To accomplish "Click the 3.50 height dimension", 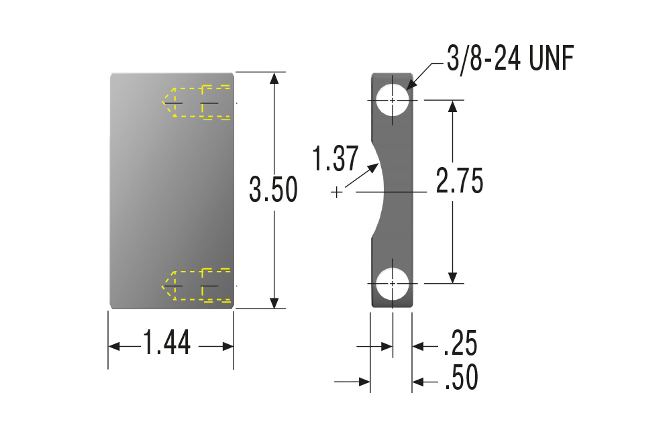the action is pyautogui.click(x=274, y=189).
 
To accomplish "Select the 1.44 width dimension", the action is pyautogui.click(x=167, y=343).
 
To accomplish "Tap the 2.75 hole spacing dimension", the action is pyautogui.click(x=460, y=180).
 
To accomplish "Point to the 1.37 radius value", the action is pyautogui.click(x=335, y=159).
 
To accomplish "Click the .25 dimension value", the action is pyautogui.click(x=460, y=343).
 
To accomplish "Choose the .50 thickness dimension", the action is pyautogui.click(x=462, y=377).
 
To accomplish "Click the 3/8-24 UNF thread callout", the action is pyautogui.click(x=510, y=59).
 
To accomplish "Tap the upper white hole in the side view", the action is pyautogui.click(x=393, y=100).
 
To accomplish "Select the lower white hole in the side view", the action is pyautogui.click(x=393, y=283).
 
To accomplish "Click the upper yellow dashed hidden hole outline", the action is pyautogui.click(x=197, y=102).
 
